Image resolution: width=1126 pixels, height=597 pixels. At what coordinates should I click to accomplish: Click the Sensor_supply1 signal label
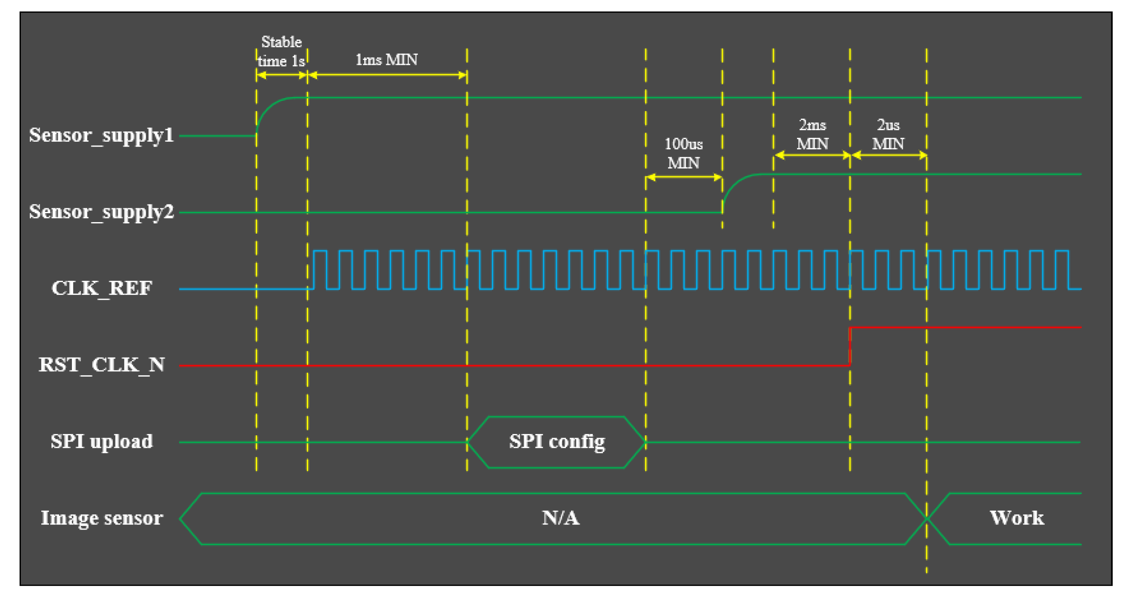[x=101, y=135]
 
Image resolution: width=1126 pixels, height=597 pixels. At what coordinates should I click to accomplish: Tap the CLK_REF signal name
[x=102, y=288]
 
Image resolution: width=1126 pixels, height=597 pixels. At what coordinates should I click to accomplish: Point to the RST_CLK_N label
[x=102, y=365]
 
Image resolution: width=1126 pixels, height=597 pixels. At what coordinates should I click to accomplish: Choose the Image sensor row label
[x=102, y=518]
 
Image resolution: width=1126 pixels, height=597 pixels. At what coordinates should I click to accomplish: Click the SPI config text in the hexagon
[x=557, y=442]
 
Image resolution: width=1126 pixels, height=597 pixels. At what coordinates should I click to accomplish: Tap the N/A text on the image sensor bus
[x=560, y=518]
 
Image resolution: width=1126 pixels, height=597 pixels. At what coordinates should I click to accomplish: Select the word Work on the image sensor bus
[x=1016, y=518]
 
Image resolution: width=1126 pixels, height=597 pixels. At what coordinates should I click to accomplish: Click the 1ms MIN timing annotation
[x=386, y=60]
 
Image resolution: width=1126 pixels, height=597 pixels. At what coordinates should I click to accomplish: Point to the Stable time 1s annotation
[x=281, y=52]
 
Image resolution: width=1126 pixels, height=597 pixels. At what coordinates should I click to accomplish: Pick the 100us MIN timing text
[x=683, y=154]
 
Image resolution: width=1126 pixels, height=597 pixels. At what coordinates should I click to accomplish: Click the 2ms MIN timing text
[x=812, y=135]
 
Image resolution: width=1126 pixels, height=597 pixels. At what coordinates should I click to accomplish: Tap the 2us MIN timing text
[x=888, y=135]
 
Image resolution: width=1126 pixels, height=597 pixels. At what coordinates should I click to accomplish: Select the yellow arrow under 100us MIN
[x=684, y=178]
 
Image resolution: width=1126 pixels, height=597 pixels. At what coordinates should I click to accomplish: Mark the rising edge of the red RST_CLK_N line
[x=850, y=346]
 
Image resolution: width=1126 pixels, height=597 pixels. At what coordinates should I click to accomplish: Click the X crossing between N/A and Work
[x=927, y=518]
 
